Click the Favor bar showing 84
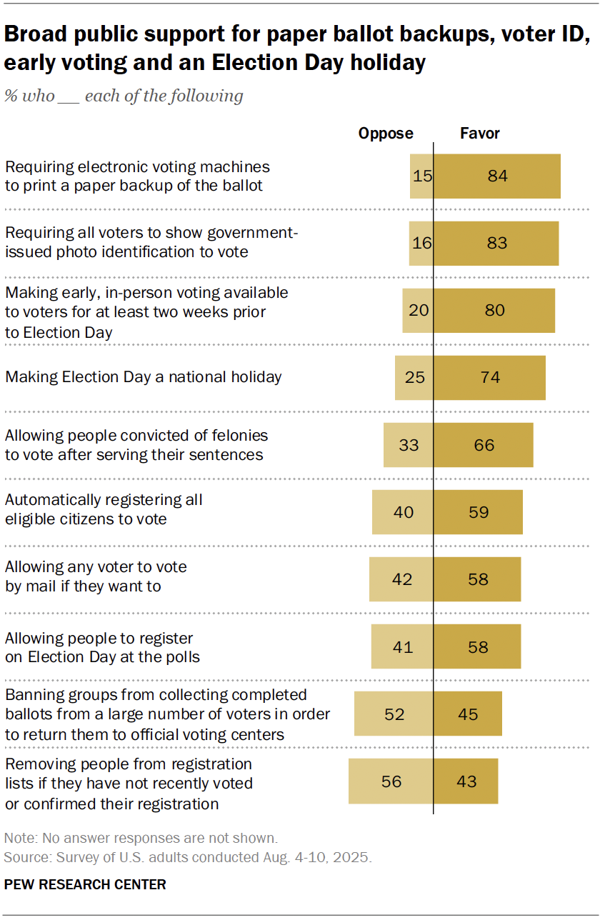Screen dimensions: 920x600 (497, 176)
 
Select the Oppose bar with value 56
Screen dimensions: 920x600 (391, 781)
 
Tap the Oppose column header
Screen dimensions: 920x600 (386, 134)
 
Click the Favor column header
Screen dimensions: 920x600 (480, 134)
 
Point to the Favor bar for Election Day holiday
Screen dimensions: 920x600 (490, 377)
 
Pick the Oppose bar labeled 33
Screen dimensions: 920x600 (409, 445)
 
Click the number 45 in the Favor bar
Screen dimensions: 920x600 (469, 714)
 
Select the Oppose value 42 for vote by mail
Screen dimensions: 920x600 (402, 579)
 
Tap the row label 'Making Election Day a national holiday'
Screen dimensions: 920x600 (144, 376)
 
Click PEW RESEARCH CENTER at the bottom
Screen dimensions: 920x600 (85, 884)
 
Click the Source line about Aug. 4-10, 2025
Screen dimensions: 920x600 (188, 857)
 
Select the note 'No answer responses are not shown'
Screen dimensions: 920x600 (141, 838)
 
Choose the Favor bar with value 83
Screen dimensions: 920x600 (496, 243)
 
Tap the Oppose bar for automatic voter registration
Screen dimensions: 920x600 (403, 512)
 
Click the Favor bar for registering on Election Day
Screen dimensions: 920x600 (477, 646)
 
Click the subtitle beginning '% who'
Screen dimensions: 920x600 (124, 96)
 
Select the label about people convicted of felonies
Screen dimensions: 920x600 (136, 445)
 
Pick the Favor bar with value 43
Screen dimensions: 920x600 (466, 781)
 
